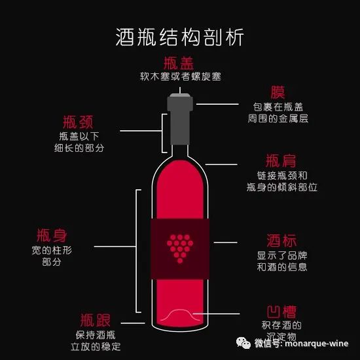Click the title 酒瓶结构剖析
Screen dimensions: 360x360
(179, 37)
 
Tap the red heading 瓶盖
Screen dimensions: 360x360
(179, 63)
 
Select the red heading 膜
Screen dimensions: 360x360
(278, 92)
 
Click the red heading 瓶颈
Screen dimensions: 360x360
(78, 122)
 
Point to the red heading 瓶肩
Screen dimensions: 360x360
(281, 161)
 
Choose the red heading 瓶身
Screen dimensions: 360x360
(52, 236)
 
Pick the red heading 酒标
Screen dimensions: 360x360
(281, 241)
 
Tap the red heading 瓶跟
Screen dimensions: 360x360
(96, 320)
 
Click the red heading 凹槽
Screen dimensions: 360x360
(281, 312)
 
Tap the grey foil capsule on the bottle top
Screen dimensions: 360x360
(180, 119)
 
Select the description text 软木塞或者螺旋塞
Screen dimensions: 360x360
(181, 77)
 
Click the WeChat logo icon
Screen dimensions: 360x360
(243, 343)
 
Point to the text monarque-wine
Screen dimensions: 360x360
(317, 344)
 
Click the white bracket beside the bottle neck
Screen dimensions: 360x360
(162, 133)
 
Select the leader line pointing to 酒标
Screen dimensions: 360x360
(225, 242)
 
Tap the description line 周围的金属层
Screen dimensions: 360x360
(278, 118)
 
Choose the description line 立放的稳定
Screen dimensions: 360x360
(96, 346)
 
